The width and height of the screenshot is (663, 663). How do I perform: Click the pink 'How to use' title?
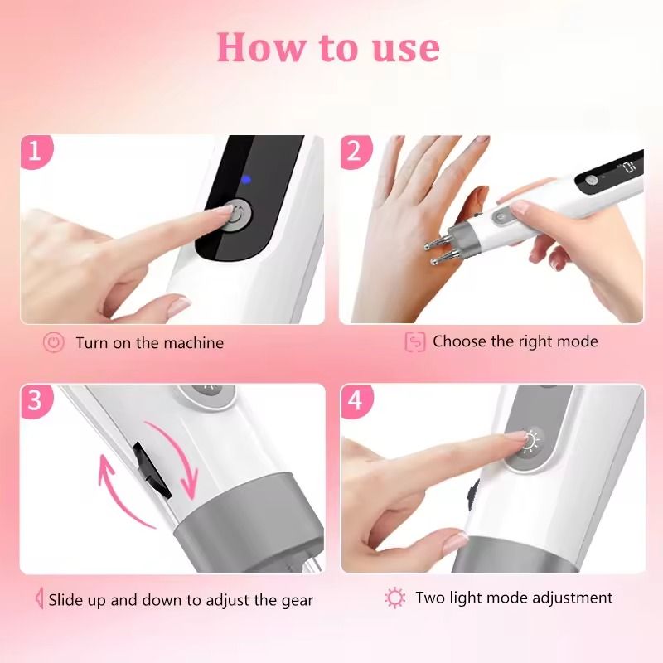click(328, 48)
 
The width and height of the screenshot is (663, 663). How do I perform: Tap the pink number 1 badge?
click(36, 151)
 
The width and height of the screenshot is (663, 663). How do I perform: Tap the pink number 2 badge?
click(356, 151)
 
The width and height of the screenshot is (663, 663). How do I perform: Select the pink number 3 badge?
click(36, 400)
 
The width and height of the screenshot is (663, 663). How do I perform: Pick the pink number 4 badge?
click(356, 400)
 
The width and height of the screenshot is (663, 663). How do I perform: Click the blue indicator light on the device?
click(245, 181)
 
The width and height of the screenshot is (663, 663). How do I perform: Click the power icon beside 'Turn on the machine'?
click(54, 342)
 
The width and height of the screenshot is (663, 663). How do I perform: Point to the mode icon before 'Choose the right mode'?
click(415, 341)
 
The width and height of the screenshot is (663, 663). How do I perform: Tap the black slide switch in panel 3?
click(152, 470)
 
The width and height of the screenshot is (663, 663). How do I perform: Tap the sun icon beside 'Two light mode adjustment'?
click(395, 598)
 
